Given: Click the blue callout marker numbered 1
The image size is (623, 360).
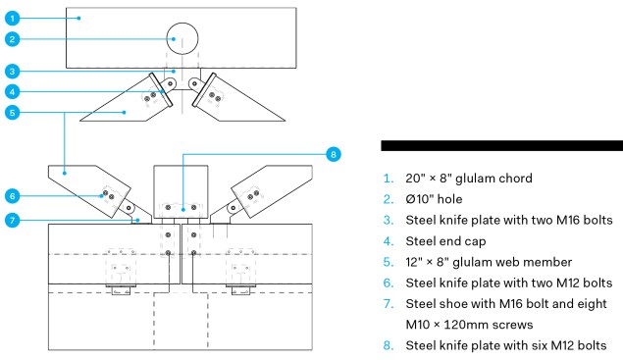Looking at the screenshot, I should [x=9, y=17].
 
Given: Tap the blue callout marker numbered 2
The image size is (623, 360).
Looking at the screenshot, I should [x=9, y=39].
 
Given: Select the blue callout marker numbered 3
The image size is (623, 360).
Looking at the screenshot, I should [x=9, y=71].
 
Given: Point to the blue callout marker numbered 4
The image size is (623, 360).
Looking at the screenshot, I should [x=9, y=92].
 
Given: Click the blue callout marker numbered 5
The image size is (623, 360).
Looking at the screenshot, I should [x=9, y=113].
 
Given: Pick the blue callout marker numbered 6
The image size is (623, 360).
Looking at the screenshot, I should [x=9, y=194].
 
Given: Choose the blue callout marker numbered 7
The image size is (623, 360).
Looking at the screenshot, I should [x=9, y=220].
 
